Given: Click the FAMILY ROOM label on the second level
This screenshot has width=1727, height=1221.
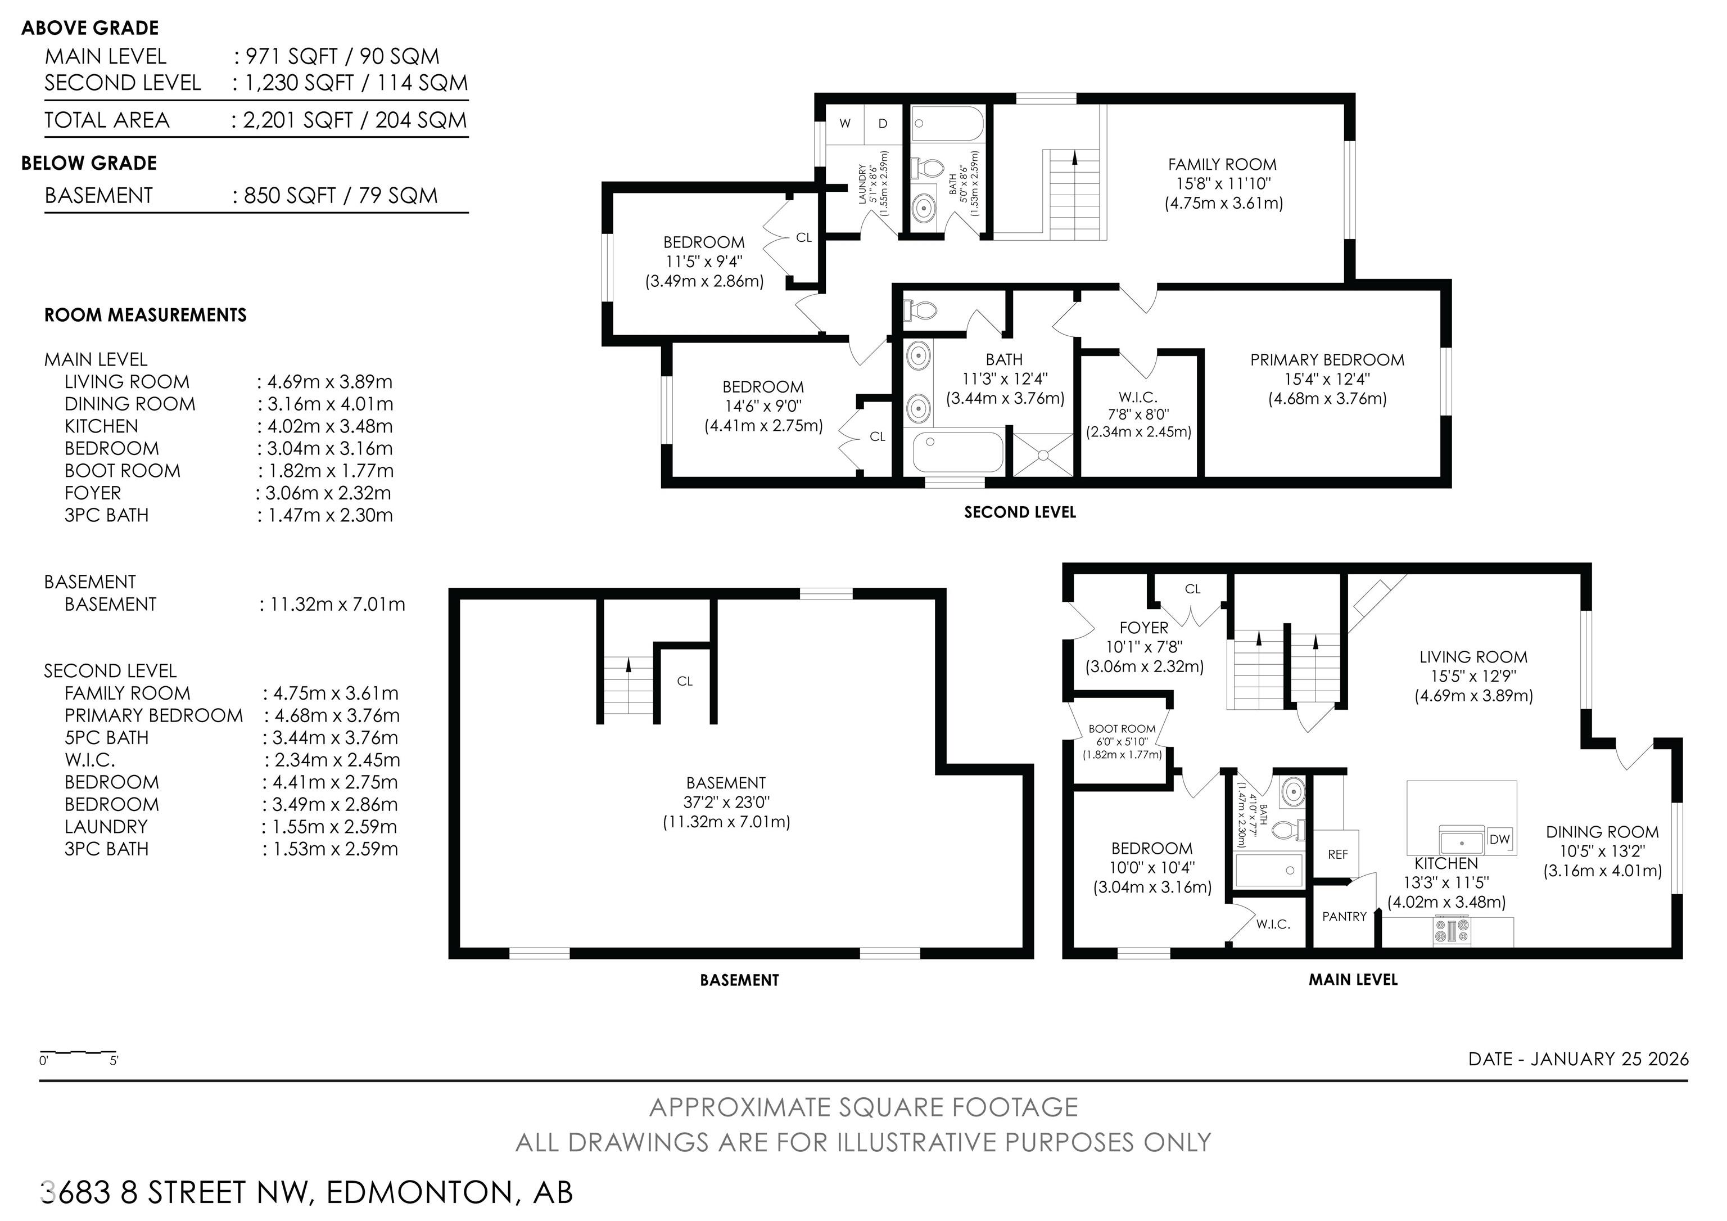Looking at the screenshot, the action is pos(1222,164).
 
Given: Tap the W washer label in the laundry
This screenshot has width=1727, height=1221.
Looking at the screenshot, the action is pos(846,123).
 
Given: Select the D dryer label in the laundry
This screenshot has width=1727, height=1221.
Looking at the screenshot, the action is pos(883,123).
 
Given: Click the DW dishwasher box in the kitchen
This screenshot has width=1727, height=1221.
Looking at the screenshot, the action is pos(1499,839).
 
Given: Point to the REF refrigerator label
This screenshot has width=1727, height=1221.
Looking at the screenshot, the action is pos(1337,855).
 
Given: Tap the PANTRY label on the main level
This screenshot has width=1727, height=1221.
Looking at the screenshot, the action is pos(1344,916).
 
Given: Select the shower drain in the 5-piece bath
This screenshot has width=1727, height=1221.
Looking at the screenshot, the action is pos(1043,455).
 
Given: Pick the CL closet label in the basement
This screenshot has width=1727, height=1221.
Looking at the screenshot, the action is pos(685,681).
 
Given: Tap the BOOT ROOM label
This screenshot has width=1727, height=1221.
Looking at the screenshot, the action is pos(1122,729).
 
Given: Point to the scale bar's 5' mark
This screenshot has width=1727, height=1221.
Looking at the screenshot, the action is pos(114,1061).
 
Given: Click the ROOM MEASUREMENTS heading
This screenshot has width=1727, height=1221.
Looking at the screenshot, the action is pos(145,314).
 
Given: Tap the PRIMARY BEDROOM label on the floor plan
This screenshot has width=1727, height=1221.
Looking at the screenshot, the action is pos(1328,359).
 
